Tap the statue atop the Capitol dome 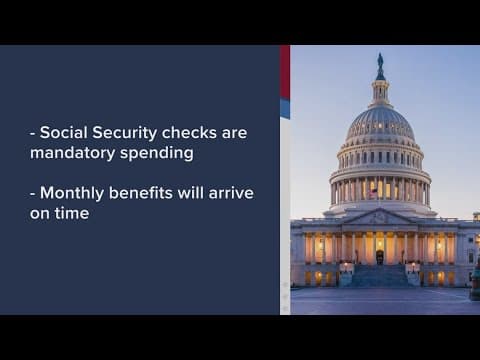coord(380,64)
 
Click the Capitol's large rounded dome coord(380,125)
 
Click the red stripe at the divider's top coord(285,70)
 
